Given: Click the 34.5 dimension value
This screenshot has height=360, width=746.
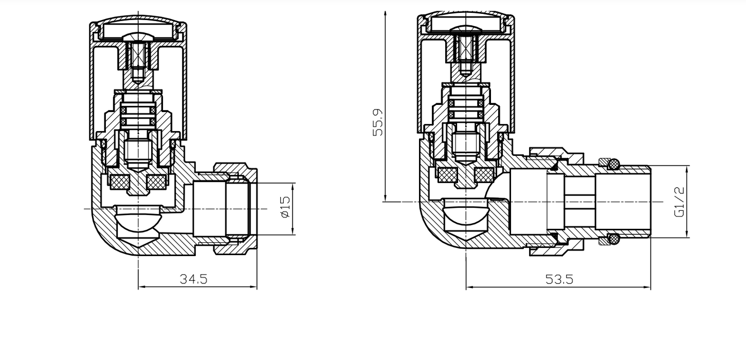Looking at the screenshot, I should [193, 279].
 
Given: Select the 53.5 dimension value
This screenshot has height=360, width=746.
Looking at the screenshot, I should [559, 279].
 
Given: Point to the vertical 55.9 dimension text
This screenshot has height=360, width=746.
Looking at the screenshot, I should [378, 122].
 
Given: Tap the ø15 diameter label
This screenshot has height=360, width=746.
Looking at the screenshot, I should [285, 207].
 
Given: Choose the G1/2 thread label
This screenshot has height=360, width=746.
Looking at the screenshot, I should [680, 202].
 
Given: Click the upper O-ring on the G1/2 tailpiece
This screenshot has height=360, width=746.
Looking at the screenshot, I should [613, 164].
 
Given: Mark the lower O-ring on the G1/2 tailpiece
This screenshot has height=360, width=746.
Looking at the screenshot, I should [613, 239].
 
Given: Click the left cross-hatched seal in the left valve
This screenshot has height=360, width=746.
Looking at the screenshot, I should [119, 181].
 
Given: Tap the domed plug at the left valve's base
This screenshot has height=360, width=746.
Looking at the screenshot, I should [138, 221].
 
